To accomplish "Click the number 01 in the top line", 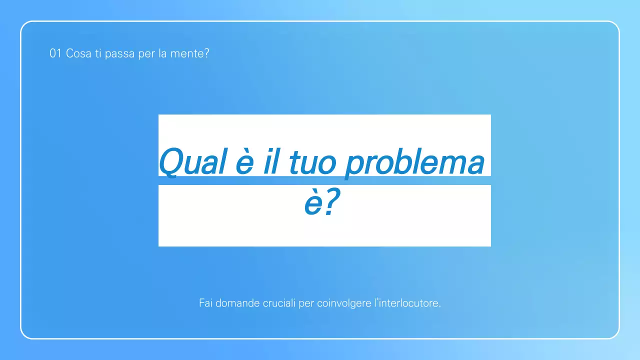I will [55, 53].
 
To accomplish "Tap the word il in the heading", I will [270, 161].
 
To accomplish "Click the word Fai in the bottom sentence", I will [205, 303].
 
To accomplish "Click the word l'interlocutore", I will [407, 303].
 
